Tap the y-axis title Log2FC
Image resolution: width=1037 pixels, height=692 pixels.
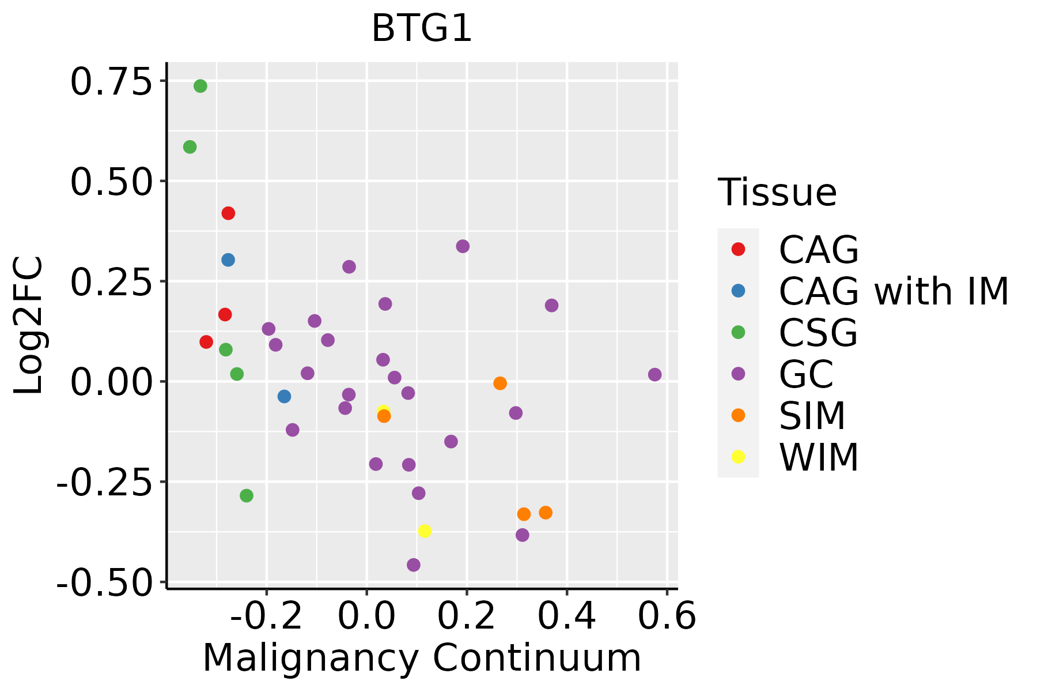29,325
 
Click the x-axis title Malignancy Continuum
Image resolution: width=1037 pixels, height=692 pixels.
422,658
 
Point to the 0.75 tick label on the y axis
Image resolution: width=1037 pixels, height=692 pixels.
114,82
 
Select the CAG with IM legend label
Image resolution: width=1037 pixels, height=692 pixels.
894,291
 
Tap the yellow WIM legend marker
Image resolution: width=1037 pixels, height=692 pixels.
738,457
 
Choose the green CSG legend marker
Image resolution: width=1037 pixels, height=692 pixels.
738,332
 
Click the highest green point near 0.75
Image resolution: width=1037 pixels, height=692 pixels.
200,86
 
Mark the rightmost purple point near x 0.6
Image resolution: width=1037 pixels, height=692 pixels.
654,375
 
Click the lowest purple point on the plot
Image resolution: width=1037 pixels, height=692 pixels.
413,565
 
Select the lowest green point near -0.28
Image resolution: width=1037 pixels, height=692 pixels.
247,496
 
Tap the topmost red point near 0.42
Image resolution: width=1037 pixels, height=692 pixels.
228,213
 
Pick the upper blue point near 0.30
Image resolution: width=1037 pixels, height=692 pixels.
228,260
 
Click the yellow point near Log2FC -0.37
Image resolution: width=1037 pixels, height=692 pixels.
425,531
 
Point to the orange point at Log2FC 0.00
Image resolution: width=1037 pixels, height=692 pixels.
500,383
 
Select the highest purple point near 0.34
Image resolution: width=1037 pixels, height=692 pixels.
463,246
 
